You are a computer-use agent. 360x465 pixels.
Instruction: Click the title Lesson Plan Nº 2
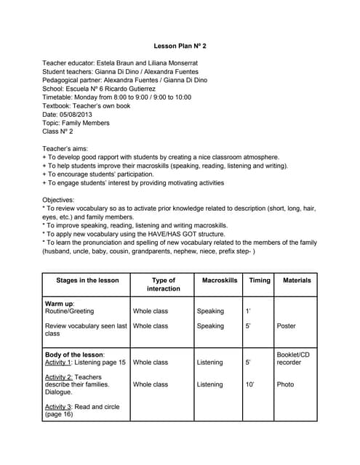[180, 46]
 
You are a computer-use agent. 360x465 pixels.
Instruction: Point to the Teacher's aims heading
[67, 147]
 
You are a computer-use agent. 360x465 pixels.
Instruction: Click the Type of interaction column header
[163, 284]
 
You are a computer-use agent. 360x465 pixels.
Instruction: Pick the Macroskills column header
[219, 280]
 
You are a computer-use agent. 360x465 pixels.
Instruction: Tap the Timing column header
[259, 280]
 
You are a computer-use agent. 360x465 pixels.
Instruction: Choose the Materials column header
[297, 280]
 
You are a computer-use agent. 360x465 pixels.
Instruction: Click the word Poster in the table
[287, 326]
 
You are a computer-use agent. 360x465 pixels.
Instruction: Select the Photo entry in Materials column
[285, 384]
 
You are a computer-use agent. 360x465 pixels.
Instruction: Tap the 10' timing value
[249, 384]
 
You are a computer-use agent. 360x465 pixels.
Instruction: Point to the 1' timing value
[248, 311]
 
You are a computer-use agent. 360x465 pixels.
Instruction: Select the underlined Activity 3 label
[61, 407]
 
